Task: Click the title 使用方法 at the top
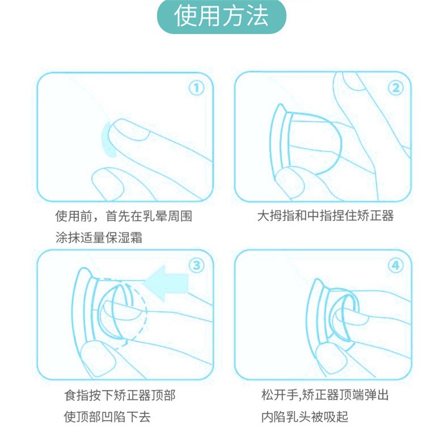221,16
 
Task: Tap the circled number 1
197,88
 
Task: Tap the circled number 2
396,88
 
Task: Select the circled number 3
197,265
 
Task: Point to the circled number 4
396,265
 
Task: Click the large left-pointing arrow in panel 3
167,283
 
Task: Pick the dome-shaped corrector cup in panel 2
314,143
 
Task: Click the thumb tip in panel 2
288,182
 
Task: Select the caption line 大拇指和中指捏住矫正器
325,216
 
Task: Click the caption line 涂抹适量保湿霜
99,237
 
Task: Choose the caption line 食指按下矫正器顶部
120,396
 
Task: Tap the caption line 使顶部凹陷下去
107,417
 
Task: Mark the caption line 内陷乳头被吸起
305,417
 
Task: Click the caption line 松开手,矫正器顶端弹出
325,395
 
